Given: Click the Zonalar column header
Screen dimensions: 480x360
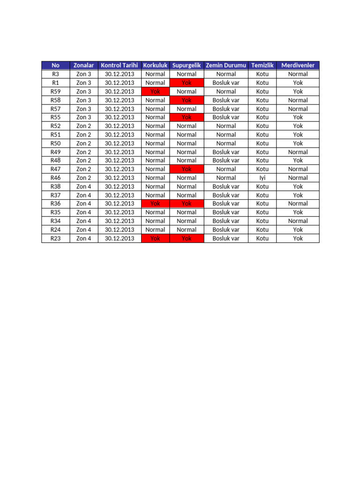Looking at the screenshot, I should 84,65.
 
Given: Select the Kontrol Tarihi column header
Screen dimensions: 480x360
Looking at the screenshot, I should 120,65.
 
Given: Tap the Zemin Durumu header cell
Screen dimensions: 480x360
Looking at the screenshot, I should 226,65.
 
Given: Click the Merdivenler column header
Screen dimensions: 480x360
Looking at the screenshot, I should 298,65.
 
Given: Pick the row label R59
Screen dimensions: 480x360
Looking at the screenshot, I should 55,91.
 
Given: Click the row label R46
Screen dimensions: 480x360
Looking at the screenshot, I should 55,178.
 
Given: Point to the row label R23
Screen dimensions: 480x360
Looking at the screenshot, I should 55,238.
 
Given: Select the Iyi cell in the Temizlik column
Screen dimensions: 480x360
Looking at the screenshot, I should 262,178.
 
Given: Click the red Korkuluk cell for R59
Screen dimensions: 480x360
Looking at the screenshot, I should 155,91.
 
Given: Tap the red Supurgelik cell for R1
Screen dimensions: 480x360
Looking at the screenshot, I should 187,82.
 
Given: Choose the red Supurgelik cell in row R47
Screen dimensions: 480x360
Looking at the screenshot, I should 187,169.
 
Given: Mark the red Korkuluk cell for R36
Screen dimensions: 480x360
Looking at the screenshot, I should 155,203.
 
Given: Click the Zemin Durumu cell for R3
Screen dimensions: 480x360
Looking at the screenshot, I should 226,74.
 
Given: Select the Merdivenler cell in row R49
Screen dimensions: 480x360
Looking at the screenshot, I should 298,152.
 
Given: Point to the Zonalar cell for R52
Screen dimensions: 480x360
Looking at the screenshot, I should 84,126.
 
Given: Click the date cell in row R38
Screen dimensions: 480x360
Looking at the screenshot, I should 120,187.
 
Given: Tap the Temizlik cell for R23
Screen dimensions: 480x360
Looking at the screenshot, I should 262,238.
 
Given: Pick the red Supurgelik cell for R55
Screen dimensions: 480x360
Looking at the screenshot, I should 187,117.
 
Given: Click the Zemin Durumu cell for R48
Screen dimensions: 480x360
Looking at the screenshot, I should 226,160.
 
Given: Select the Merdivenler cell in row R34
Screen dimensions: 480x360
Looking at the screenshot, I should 298,221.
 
